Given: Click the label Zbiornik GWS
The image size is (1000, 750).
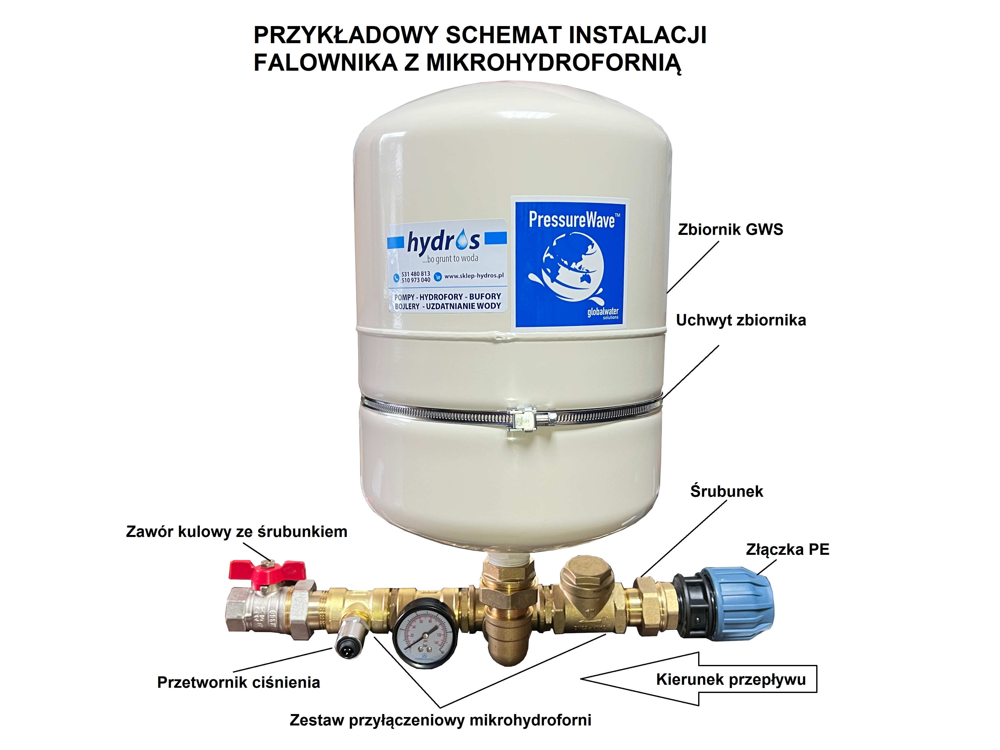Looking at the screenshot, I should tap(730, 230).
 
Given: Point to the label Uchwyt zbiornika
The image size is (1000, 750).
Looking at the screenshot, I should tap(741, 320).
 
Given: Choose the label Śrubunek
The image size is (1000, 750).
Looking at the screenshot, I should tap(726, 491).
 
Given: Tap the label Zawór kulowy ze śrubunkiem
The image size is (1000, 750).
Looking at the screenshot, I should tap(236, 532).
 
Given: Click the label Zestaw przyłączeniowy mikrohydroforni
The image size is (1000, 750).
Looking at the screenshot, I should tap(440, 720).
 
